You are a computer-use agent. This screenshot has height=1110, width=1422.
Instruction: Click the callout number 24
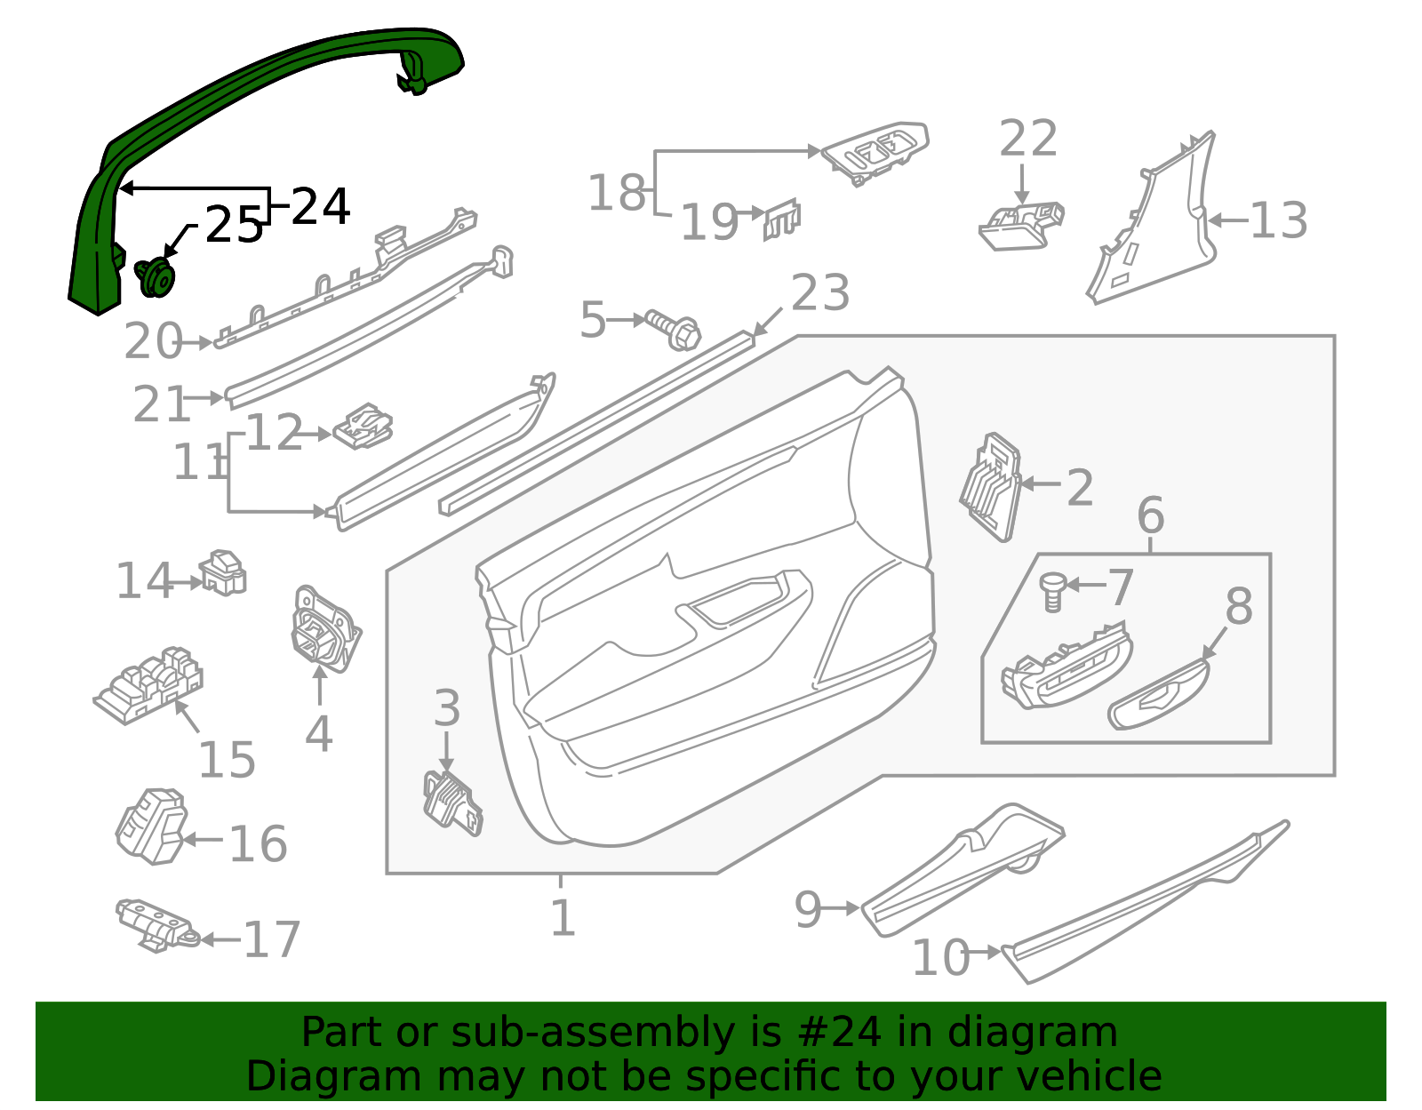pyautogui.click(x=320, y=207)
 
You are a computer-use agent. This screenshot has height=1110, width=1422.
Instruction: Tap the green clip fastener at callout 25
pyautogui.click(x=156, y=277)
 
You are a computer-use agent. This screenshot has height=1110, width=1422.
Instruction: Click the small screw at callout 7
pyautogui.click(x=1052, y=591)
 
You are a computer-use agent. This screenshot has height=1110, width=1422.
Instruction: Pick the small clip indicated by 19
pyautogui.click(x=781, y=220)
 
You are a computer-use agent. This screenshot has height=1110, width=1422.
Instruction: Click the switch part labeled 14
pyautogui.click(x=223, y=573)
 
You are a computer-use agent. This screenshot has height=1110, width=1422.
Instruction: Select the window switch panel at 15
pyautogui.click(x=148, y=685)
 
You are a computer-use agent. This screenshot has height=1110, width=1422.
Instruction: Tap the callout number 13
pyautogui.click(x=1278, y=220)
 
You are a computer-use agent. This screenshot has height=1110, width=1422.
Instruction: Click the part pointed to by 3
pyautogui.click(x=453, y=803)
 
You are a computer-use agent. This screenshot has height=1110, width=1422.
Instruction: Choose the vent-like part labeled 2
pyautogui.click(x=991, y=487)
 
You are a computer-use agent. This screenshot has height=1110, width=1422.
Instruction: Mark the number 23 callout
pyautogui.click(x=820, y=292)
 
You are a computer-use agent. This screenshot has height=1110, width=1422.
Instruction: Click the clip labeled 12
pyautogui.click(x=363, y=426)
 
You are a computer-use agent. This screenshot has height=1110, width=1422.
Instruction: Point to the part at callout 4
pyautogui.click(x=325, y=628)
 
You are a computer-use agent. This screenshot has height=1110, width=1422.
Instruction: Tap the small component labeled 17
pyautogui.click(x=157, y=925)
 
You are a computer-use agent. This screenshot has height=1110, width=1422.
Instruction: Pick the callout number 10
pyautogui.click(x=940, y=958)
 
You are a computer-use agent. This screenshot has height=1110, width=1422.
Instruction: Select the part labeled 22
pyautogui.click(x=1021, y=226)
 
